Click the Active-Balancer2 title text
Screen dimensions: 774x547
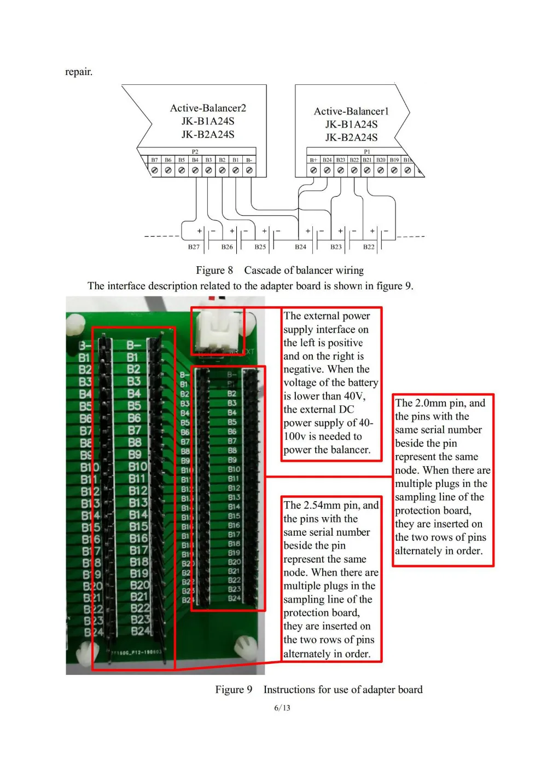point(208,108)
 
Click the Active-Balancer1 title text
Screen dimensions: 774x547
point(351,111)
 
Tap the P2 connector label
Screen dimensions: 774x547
point(195,152)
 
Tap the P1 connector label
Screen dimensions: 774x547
point(367,152)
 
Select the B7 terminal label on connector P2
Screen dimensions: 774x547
point(155,160)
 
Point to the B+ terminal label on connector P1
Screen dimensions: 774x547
point(313,160)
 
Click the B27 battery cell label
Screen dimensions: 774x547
point(194,247)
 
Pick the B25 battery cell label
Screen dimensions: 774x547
point(260,247)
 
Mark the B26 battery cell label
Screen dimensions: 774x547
point(227,247)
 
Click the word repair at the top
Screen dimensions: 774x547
point(79,72)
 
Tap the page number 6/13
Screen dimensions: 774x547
point(282,708)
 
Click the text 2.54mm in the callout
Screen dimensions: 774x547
point(322,505)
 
